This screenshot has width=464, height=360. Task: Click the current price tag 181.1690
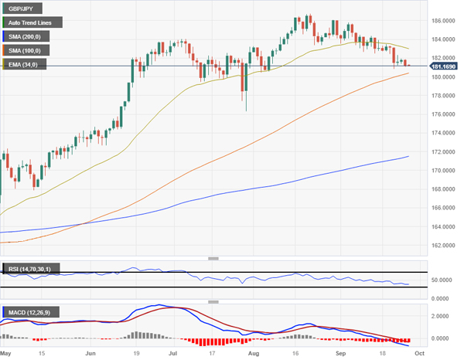coord(443,66)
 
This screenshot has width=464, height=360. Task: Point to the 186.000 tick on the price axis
coord(443,21)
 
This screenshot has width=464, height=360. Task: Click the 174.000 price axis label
coord(443,133)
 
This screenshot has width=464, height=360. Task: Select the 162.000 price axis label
coord(443,246)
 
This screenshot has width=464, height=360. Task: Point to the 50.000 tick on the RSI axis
coord(442,280)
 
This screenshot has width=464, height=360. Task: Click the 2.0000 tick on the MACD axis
coord(442,317)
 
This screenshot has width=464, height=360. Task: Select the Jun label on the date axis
coord(90,352)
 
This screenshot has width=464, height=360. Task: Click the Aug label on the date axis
coord(253,352)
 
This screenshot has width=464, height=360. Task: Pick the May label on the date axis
coord(7,352)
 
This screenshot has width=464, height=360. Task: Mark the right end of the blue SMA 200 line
coord(408,156)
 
